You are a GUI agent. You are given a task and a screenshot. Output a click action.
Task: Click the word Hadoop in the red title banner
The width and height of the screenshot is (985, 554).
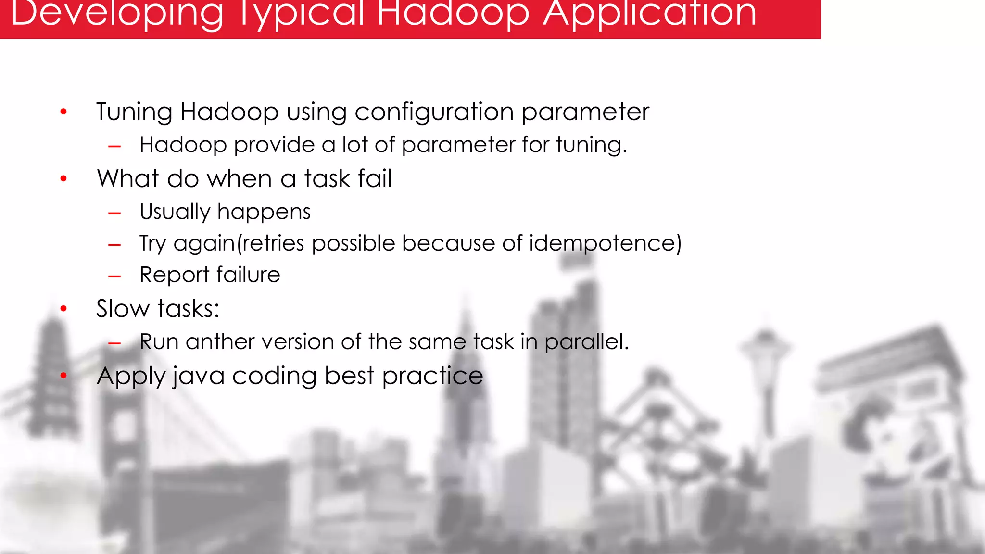coord(453,13)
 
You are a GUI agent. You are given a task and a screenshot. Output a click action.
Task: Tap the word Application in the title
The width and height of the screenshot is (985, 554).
coord(649,13)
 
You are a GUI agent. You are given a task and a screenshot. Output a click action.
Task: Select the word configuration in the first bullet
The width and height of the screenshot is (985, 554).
coord(434,113)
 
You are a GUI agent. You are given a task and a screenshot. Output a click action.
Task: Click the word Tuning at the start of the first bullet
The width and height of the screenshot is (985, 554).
coord(134,113)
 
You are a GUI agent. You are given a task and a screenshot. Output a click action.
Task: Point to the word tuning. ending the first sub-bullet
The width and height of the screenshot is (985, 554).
coord(592,145)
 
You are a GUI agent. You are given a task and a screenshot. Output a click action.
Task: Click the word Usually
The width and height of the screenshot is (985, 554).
coord(175,212)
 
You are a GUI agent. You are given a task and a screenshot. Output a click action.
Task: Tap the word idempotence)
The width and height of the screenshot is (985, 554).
coord(605,243)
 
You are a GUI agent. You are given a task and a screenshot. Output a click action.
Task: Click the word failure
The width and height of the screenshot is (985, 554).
coord(248,275)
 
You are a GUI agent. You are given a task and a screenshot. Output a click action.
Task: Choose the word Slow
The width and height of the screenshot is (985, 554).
coord(123,309)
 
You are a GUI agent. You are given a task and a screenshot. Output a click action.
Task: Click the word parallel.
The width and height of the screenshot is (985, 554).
coord(586,342)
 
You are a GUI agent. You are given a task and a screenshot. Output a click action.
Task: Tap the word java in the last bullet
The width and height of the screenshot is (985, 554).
coord(199,376)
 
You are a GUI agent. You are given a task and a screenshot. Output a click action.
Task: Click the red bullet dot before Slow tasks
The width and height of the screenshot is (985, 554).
coord(63,309)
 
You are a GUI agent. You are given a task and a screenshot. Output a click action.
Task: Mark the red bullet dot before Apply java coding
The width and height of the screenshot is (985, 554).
coord(63,376)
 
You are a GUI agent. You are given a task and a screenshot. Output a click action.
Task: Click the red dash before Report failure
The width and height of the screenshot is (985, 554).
coord(114,277)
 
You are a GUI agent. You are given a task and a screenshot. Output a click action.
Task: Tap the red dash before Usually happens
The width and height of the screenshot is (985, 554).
coord(114,213)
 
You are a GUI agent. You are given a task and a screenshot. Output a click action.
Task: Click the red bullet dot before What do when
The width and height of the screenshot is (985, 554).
coord(63,179)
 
